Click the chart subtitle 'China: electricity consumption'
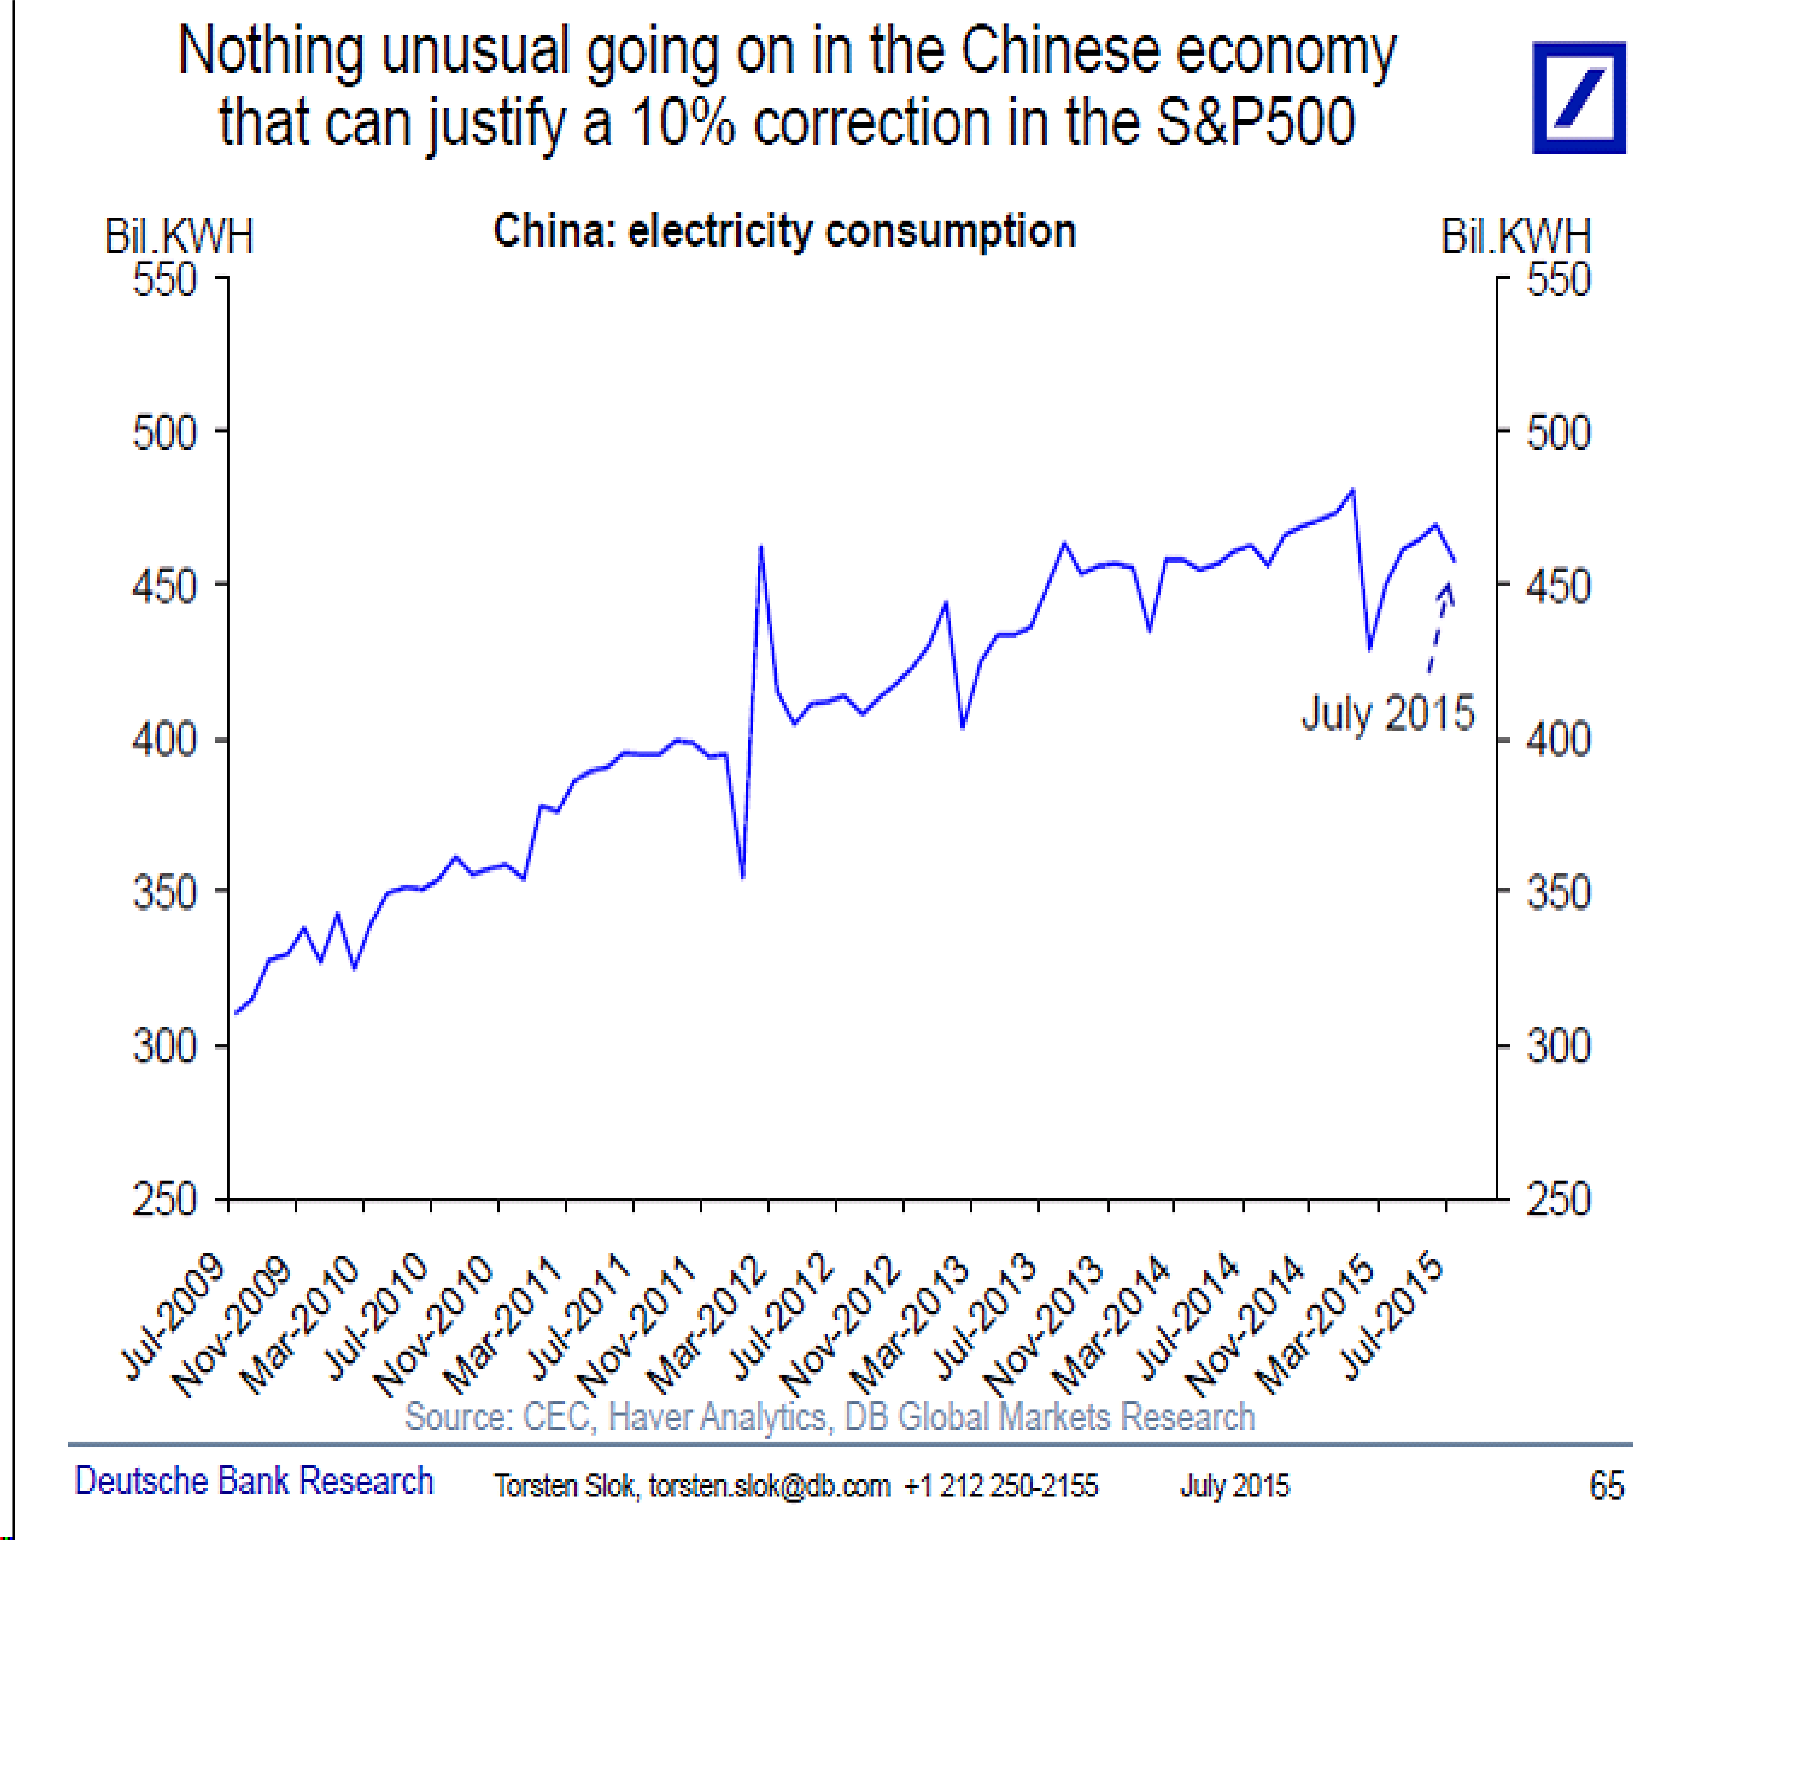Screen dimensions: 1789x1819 coord(785,231)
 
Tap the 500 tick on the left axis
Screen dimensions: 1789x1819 coord(165,433)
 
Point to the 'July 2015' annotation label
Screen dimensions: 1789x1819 coord(1387,714)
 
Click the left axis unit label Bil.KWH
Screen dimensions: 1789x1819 coord(179,236)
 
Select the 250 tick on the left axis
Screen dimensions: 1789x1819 coord(165,1200)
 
